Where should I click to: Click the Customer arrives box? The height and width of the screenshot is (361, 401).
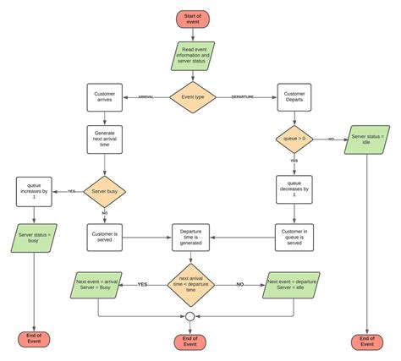point(103,97)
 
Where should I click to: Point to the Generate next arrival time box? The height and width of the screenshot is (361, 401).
point(103,139)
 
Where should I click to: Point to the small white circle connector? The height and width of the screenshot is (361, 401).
point(190,317)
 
